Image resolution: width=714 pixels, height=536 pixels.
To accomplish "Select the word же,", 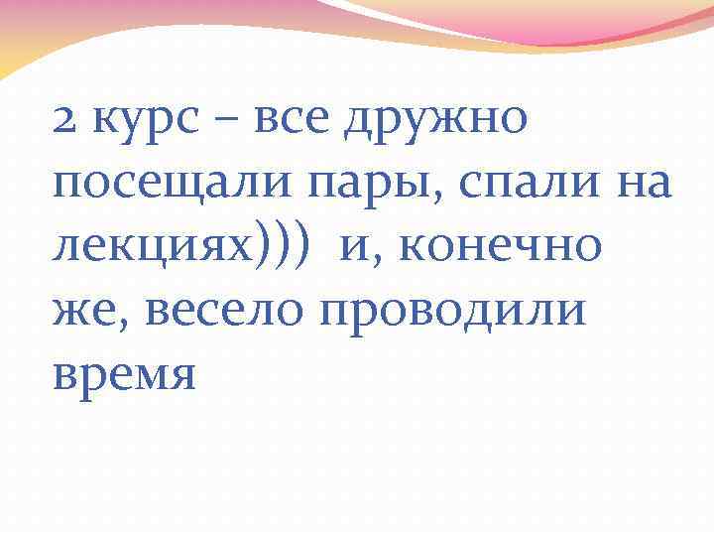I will [x=90, y=310].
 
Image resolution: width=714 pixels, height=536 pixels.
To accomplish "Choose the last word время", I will [x=124, y=374].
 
